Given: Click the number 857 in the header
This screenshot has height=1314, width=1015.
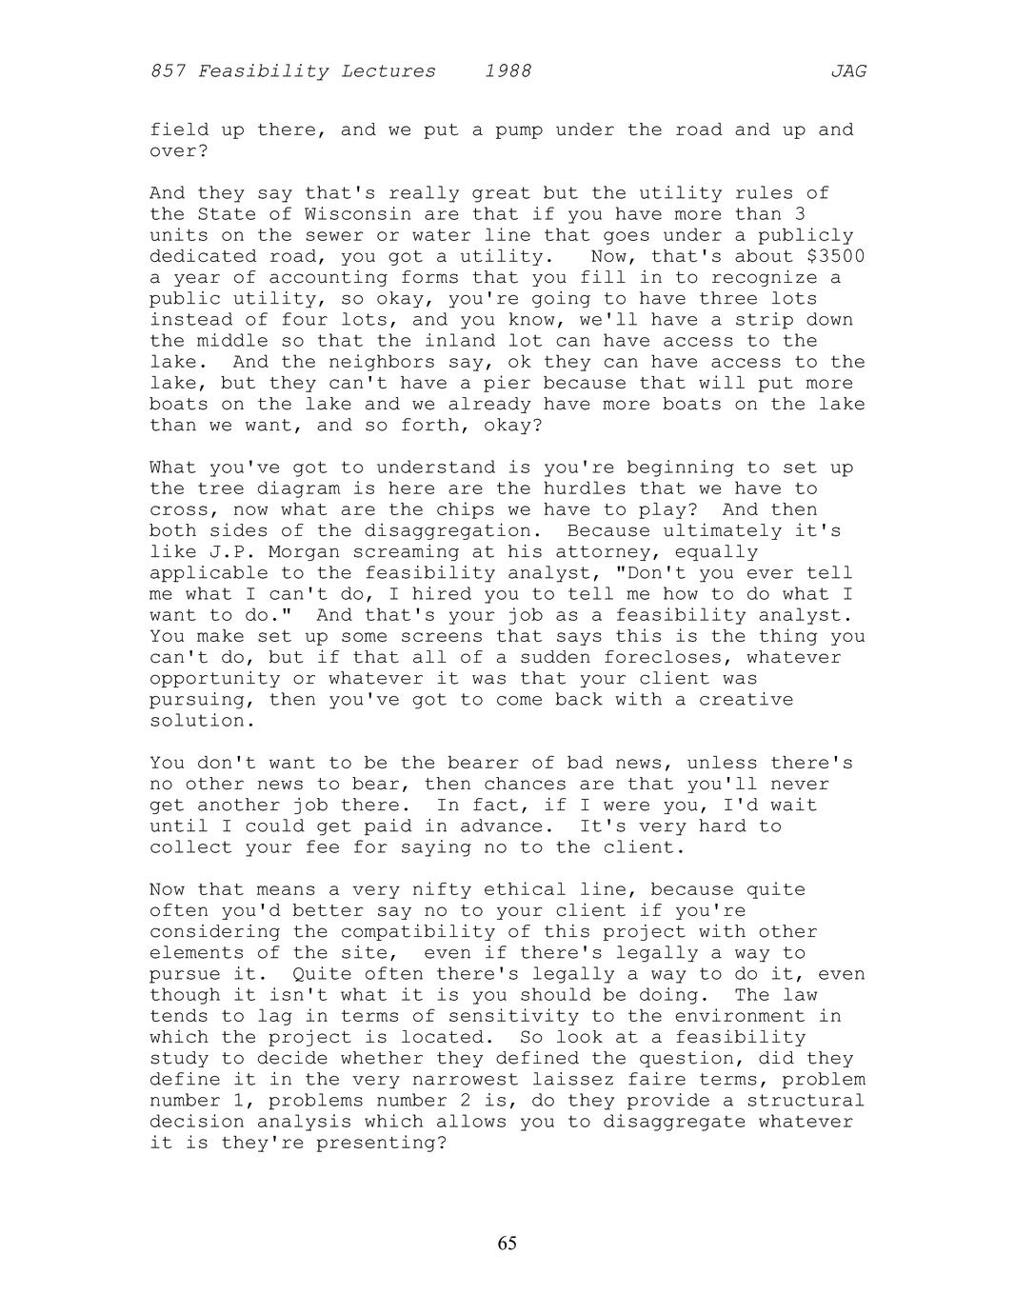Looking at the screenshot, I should [x=168, y=71].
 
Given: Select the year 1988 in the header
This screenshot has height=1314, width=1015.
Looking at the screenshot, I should [x=507, y=71].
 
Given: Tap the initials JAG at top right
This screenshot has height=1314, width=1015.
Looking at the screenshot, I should [x=848, y=71].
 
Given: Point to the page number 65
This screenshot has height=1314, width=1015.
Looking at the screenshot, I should [x=507, y=1244].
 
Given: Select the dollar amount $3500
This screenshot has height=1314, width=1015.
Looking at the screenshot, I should [x=835, y=256].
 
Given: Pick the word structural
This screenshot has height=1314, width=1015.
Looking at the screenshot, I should [x=806, y=1100].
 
